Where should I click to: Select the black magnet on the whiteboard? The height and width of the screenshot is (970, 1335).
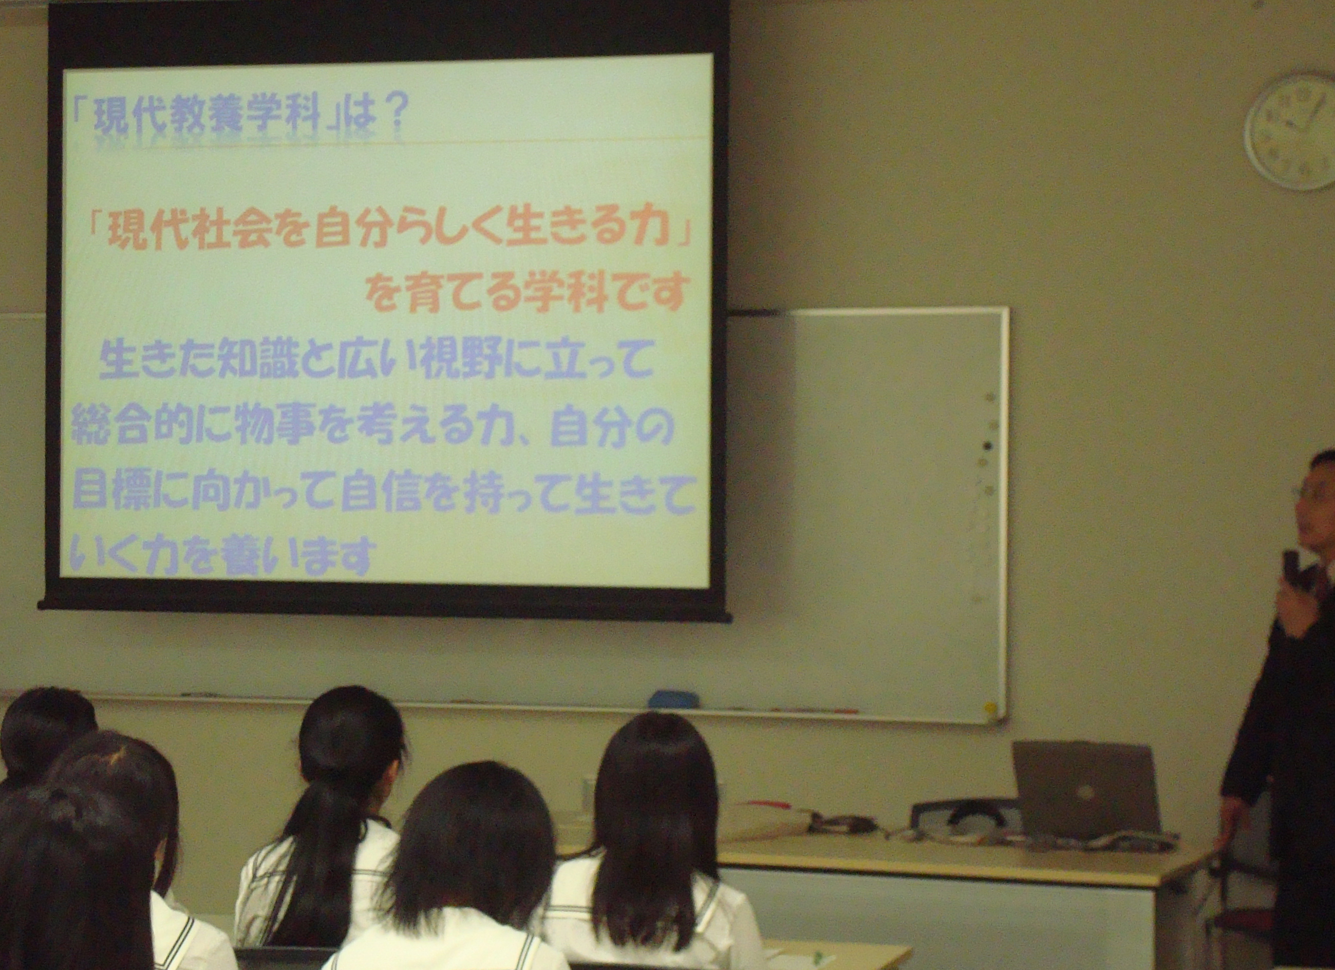click(x=988, y=446)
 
